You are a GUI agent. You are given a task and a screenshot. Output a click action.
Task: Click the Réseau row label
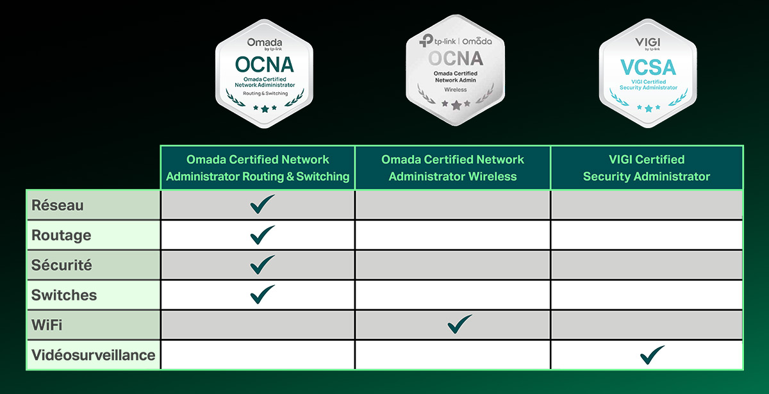[x=57, y=205]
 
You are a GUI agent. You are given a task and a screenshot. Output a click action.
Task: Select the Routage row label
[x=61, y=236]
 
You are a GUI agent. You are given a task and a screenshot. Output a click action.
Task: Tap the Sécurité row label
[x=62, y=265]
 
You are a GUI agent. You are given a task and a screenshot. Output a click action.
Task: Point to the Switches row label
[x=64, y=295]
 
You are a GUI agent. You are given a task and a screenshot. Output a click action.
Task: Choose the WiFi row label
[x=47, y=325]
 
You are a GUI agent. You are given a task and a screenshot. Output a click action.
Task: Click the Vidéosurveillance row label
[x=93, y=355]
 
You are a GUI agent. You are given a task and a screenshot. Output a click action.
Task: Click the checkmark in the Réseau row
[x=262, y=204]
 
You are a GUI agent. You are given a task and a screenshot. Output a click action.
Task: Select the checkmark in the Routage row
[x=262, y=234]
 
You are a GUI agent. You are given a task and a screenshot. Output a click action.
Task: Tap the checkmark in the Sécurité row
[x=262, y=265]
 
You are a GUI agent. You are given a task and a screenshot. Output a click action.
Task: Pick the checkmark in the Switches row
[x=262, y=295]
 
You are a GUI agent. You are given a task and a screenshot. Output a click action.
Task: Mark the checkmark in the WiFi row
[x=459, y=324]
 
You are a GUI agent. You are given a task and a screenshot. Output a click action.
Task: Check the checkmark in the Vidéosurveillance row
[x=652, y=355]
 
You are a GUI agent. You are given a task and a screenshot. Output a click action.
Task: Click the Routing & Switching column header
[x=258, y=168]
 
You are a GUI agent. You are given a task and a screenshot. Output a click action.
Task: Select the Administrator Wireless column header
[x=452, y=168]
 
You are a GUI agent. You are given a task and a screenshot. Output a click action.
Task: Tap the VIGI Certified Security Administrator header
[x=647, y=168]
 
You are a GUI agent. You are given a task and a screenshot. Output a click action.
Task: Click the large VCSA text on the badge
[x=648, y=67]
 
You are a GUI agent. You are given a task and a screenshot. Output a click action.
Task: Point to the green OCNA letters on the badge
[x=264, y=65]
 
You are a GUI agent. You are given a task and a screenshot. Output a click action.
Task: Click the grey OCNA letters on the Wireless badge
[x=456, y=58]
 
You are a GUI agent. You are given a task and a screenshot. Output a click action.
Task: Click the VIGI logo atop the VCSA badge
[x=648, y=42]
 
